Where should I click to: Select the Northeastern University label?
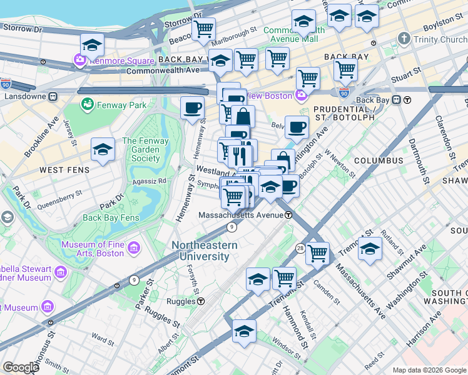205,251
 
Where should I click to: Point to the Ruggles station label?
181,301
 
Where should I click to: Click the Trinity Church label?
440,39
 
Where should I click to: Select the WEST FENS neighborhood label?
64,170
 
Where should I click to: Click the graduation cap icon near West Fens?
103,149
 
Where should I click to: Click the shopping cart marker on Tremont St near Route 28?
317,253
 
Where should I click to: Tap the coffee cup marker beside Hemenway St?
193,107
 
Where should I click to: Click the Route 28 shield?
301,248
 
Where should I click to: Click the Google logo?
21,367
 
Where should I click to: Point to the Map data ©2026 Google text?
429,370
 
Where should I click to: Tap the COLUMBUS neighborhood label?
379,161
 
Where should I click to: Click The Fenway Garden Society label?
145,149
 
